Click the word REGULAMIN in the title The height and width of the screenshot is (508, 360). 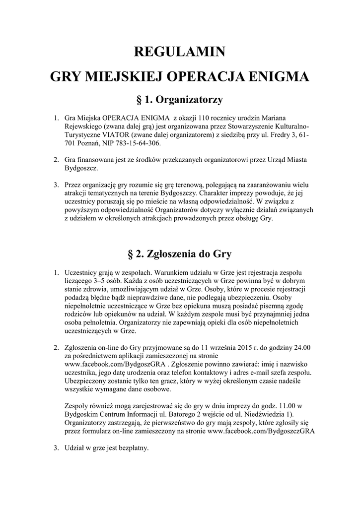click(x=180, y=52)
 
